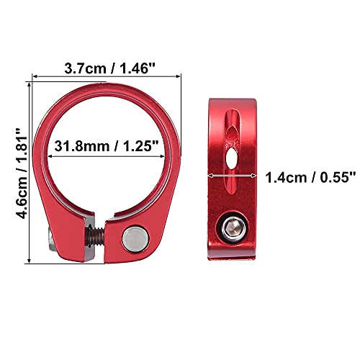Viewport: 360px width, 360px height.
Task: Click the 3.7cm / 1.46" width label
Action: (110, 68)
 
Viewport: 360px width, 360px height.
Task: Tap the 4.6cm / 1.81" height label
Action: (22, 174)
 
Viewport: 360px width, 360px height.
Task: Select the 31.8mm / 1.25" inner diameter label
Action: (107, 146)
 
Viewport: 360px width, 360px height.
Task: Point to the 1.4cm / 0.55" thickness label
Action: (310, 178)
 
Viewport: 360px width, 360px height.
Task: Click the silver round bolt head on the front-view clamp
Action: (135, 239)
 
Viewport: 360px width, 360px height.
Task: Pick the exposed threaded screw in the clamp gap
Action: (96, 236)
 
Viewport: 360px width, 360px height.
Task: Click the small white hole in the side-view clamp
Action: (230, 158)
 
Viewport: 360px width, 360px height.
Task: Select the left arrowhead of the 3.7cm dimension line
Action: (35, 76)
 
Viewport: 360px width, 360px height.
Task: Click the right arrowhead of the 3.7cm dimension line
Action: (178, 76)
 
